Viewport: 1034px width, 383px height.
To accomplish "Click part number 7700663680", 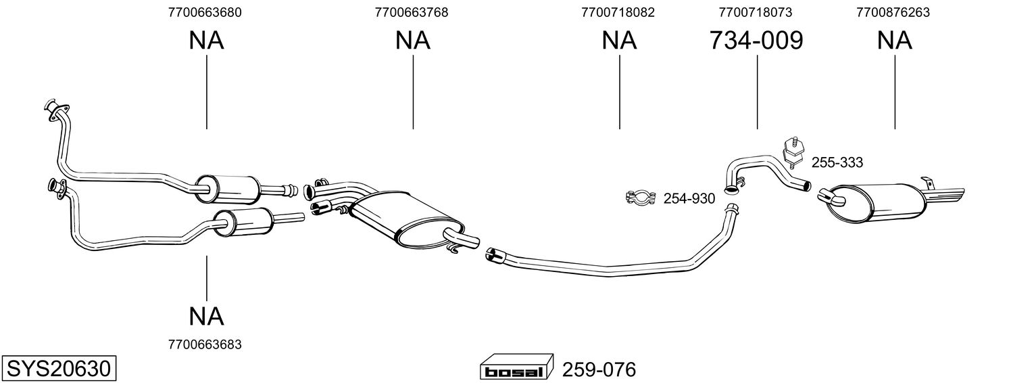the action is point(204,12).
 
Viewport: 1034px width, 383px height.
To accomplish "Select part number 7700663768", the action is point(411,12).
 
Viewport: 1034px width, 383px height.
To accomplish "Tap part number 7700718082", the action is point(618,12).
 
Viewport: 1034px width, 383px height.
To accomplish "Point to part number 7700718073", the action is point(756,12).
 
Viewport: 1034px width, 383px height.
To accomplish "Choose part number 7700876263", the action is point(893,12).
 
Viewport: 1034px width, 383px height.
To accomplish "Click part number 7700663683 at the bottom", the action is point(204,344).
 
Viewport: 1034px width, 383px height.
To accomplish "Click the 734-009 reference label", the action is point(756,41).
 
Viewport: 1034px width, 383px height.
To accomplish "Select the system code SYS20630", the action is point(58,369).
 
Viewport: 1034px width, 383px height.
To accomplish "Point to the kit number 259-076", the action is point(599,370).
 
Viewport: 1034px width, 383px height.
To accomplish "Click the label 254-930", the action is point(689,199).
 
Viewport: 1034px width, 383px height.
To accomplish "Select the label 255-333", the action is point(837,162).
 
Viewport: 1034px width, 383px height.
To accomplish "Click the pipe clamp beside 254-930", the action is point(641,198).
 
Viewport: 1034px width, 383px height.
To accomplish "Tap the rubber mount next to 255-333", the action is point(791,152).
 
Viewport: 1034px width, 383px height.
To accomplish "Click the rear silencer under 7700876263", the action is point(879,203).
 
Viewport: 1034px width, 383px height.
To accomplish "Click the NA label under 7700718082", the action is point(618,41).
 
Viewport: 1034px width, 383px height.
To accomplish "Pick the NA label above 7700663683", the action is point(206,315).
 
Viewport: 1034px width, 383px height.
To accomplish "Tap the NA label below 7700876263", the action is point(894,41).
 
